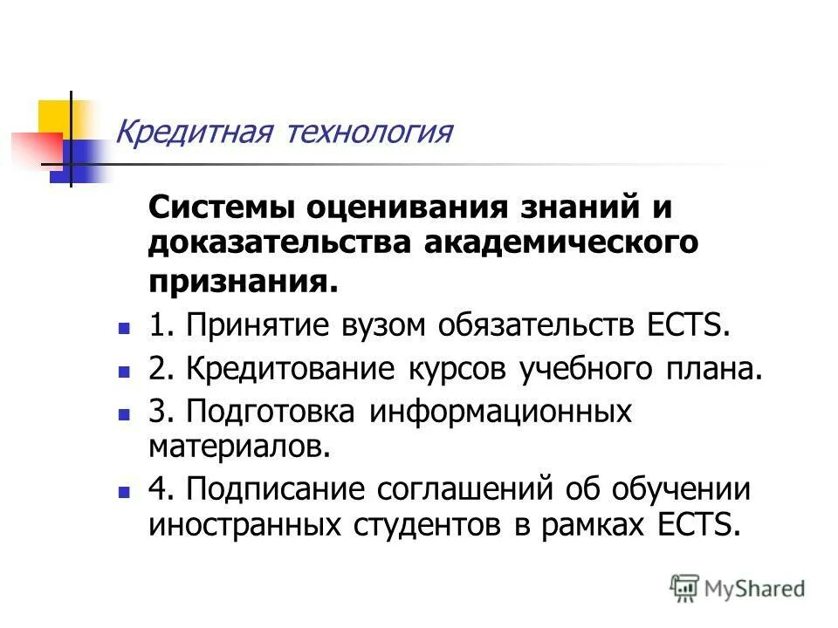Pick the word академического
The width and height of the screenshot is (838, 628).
[x=560, y=243]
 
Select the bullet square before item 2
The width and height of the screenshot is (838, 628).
[x=124, y=372]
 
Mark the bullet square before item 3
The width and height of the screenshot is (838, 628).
[x=124, y=413]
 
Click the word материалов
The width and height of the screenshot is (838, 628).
[x=240, y=447]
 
